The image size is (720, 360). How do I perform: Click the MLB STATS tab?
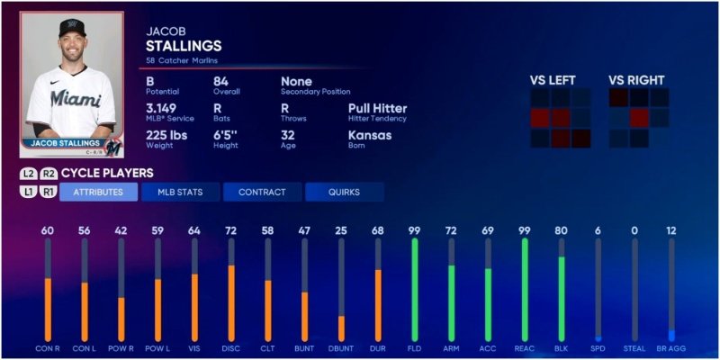180,192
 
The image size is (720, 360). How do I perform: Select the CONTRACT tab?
262,192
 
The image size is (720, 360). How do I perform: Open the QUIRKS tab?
344,192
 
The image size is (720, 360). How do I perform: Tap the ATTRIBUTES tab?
98,192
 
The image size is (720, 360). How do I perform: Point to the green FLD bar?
415,288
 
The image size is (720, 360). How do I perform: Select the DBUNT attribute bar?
341,328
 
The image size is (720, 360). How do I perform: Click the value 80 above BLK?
561,231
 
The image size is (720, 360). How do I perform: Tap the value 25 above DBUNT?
341,231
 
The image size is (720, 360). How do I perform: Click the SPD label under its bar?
598,347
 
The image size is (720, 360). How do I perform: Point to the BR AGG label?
670,347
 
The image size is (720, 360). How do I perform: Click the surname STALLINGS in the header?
184,46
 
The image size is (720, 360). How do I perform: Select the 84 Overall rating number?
221,82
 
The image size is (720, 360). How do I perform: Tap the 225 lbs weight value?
167,135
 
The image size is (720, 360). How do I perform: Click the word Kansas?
368,135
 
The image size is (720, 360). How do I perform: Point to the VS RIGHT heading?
636,79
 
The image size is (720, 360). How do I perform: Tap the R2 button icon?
49,174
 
